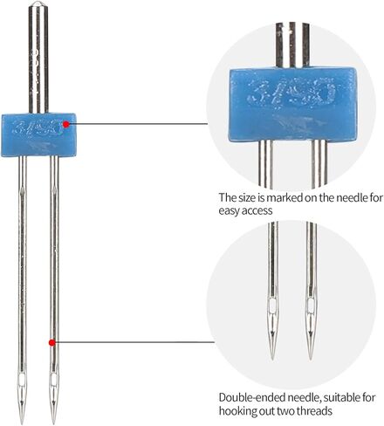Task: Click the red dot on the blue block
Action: tap(66, 124)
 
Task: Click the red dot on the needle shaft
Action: tap(52, 342)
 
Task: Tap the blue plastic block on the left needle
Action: tap(39, 135)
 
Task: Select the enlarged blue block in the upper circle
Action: tap(294, 104)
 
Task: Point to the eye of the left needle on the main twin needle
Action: tap(22, 379)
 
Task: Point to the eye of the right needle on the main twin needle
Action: tap(53, 379)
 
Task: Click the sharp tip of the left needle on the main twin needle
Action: tap(22, 424)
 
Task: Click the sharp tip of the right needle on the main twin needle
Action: tap(53, 424)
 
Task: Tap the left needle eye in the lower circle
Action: tap(273, 306)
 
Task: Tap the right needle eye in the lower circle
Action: tap(311, 306)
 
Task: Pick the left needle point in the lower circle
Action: tap(272, 358)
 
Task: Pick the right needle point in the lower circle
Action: tap(311, 359)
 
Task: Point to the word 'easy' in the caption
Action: tap(230, 211)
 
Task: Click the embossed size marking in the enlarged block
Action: tap(291, 93)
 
